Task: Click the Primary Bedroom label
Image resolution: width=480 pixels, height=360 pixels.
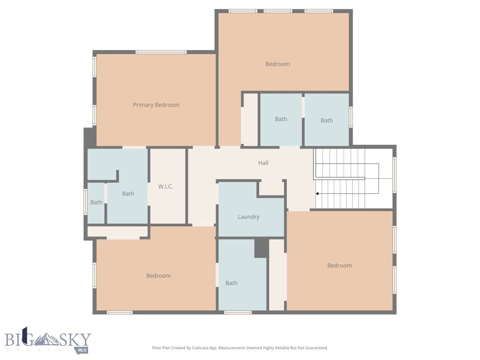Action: [156, 105]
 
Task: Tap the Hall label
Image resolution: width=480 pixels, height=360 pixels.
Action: [263, 163]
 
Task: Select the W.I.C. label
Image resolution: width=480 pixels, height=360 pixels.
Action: [165, 187]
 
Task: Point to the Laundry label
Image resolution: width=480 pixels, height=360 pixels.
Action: [248, 217]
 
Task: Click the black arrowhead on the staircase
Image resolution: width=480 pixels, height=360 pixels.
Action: [317, 193]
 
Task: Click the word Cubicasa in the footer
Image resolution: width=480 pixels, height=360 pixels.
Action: [201, 348]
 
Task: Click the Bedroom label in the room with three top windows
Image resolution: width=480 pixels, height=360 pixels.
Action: [277, 64]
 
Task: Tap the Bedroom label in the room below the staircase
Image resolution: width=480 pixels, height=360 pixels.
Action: [339, 266]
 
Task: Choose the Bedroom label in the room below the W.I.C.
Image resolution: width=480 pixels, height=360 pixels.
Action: [158, 276]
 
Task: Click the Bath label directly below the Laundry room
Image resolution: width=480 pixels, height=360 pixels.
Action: [232, 283]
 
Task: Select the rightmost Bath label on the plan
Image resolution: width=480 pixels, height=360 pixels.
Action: [327, 120]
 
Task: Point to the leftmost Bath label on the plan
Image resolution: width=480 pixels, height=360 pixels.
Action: [97, 202]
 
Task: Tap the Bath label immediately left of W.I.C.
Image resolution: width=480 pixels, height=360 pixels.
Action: [128, 194]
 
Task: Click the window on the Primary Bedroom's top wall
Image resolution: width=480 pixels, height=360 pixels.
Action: [161, 52]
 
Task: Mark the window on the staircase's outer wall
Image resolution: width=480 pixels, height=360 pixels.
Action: [394, 175]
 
